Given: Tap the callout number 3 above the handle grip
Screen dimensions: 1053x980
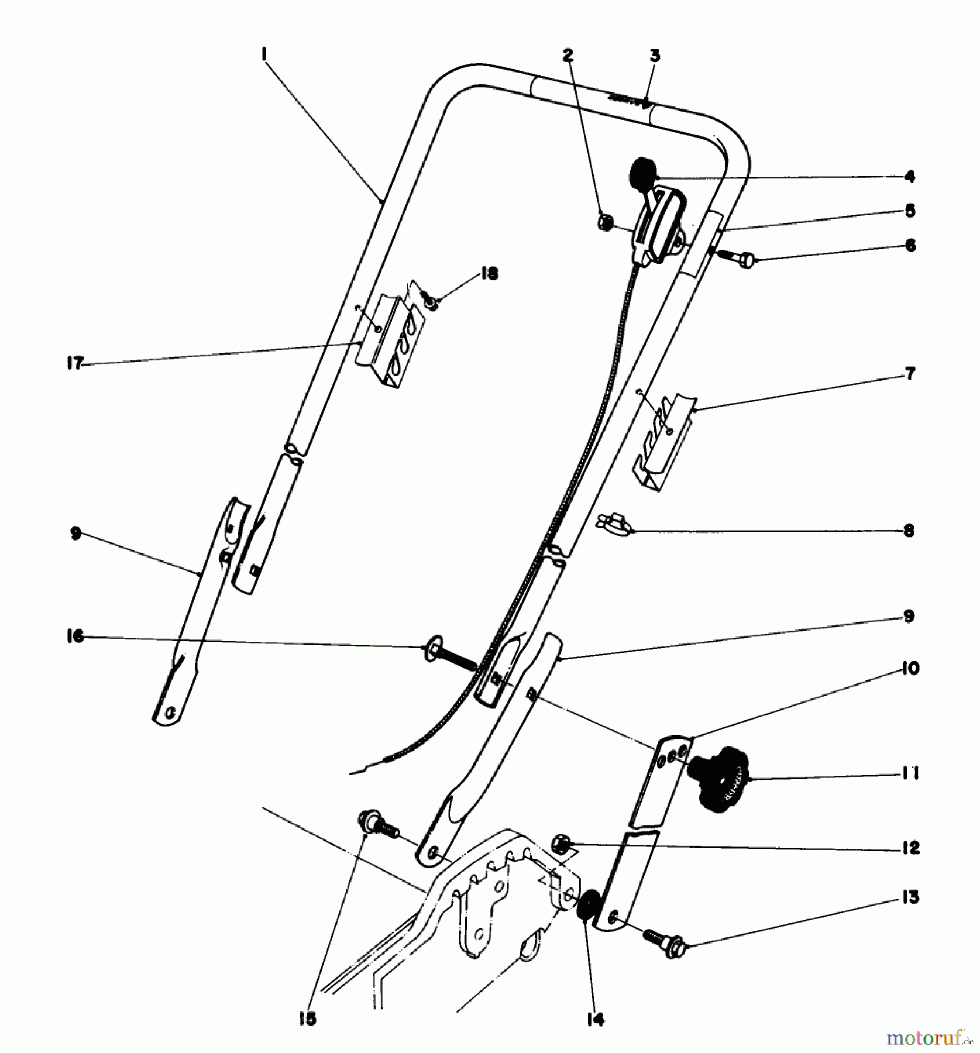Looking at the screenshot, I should point(655,56).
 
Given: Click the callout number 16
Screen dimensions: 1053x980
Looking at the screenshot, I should point(75,636).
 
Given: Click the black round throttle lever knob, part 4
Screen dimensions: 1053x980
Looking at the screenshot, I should point(642,172).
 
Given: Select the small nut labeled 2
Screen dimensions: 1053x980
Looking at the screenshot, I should point(606,222).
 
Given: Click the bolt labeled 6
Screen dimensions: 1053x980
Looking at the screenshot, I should point(737,257).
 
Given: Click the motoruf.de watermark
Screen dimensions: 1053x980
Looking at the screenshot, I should point(931,1038).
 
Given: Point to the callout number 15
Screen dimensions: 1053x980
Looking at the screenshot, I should point(307,1018).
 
